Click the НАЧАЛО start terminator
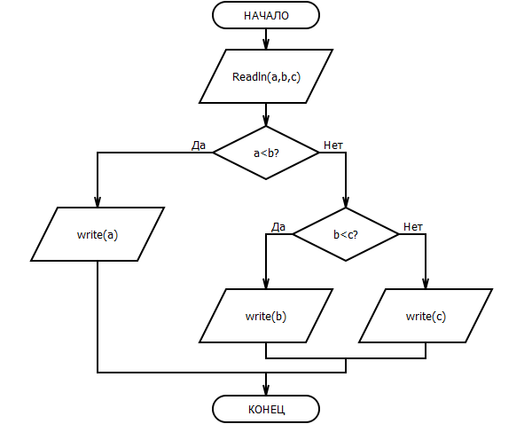[266, 15]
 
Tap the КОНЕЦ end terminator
[266, 409]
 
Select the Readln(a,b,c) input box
[266, 76]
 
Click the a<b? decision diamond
[266, 153]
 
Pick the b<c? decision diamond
[346, 234]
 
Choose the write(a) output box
[98, 234]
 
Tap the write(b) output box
[266, 316]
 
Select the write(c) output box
[426, 316]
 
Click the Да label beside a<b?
[199, 145]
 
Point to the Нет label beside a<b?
[333, 145]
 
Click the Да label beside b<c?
[278, 227]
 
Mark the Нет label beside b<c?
[413, 227]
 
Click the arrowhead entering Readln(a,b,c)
[266, 44]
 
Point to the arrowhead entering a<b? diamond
[266, 121]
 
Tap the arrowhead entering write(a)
[98, 201]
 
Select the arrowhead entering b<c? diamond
[346, 202]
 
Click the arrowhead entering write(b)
[266, 283]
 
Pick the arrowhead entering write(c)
[426, 283]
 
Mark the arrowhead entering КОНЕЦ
[266, 389]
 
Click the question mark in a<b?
[276, 153]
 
